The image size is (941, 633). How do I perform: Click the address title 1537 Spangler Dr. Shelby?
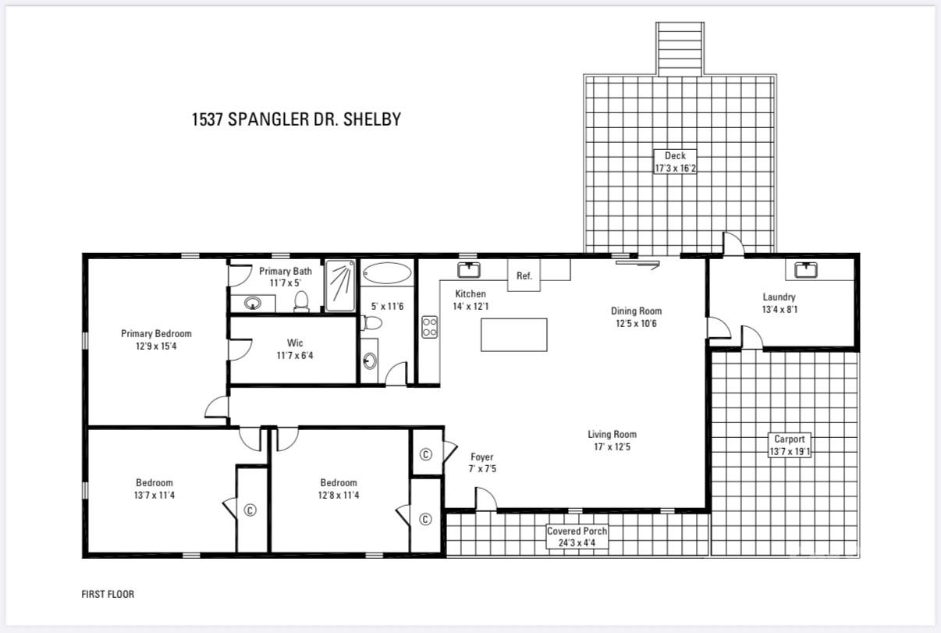click(296, 119)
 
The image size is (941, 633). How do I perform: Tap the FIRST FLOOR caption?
click(108, 594)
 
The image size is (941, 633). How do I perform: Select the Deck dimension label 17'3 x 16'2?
click(675, 167)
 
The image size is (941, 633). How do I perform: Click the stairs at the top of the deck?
click(680, 48)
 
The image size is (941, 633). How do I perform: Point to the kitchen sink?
click(468, 270)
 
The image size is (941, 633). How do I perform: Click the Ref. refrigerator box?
click(524, 276)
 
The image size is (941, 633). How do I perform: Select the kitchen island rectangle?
click(513, 335)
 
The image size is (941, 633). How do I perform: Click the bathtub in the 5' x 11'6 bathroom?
click(387, 274)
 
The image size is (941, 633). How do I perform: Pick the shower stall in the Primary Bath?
click(339, 285)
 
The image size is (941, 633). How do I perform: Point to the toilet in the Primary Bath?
click(301, 300)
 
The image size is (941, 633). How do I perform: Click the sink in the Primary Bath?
click(253, 302)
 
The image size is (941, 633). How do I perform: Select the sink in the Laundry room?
click(806, 270)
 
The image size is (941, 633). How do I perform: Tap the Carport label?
click(789, 439)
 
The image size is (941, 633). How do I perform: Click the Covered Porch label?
click(577, 531)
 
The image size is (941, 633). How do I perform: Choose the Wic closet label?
click(295, 343)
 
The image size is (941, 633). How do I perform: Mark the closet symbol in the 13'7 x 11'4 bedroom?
click(250, 510)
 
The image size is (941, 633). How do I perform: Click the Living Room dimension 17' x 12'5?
click(612, 447)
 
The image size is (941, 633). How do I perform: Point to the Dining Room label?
click(636, 311)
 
